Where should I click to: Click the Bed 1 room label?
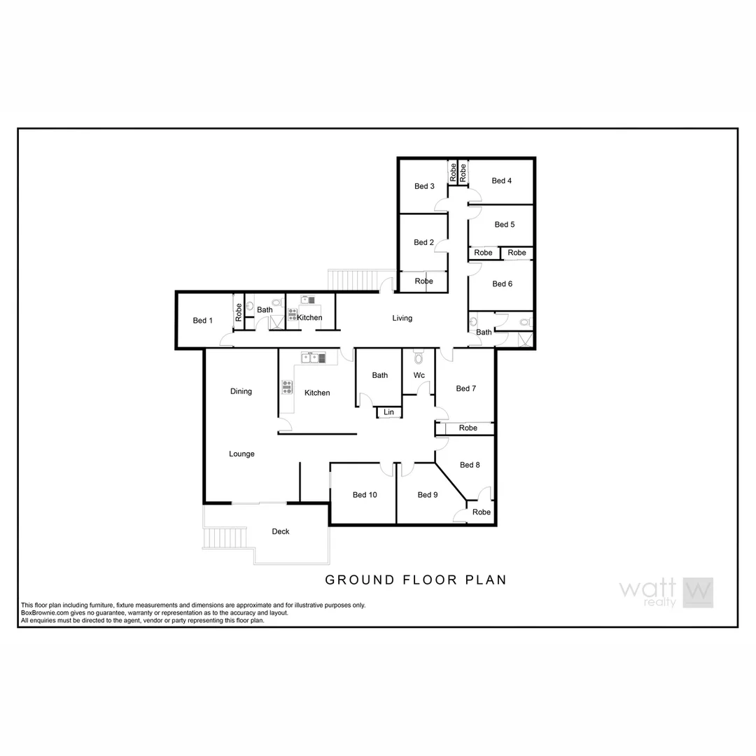click(x=202, y=321)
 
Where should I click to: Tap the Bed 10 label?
click(x=365, y=495)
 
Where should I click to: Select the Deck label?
click(x=281, y=531)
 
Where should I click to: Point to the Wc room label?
click(x=419, y=375)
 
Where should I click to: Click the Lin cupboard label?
click(x=389, y=412)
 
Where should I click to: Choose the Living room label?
click(x=402, y=318)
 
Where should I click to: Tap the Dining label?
click(x=241, y=391)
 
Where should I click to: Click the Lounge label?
click(x=241, y=454)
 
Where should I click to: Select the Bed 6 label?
click(x=502, y=283)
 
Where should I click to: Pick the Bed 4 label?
click(x=501, y=181)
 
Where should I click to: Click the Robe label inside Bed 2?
click(x=423, y=281)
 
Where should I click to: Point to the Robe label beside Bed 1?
click(x=239, y=311)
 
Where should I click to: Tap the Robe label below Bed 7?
click(x=468, y=428)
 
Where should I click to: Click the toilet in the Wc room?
click(x=419, y=358)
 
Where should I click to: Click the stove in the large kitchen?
click(x=287, y=386)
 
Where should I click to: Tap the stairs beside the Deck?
click(x=225, y=538)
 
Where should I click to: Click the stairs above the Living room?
click(x=354, y=280)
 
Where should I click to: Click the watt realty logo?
click(x=666, y=592)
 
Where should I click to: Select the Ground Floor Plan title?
click(x=416, y=580)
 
